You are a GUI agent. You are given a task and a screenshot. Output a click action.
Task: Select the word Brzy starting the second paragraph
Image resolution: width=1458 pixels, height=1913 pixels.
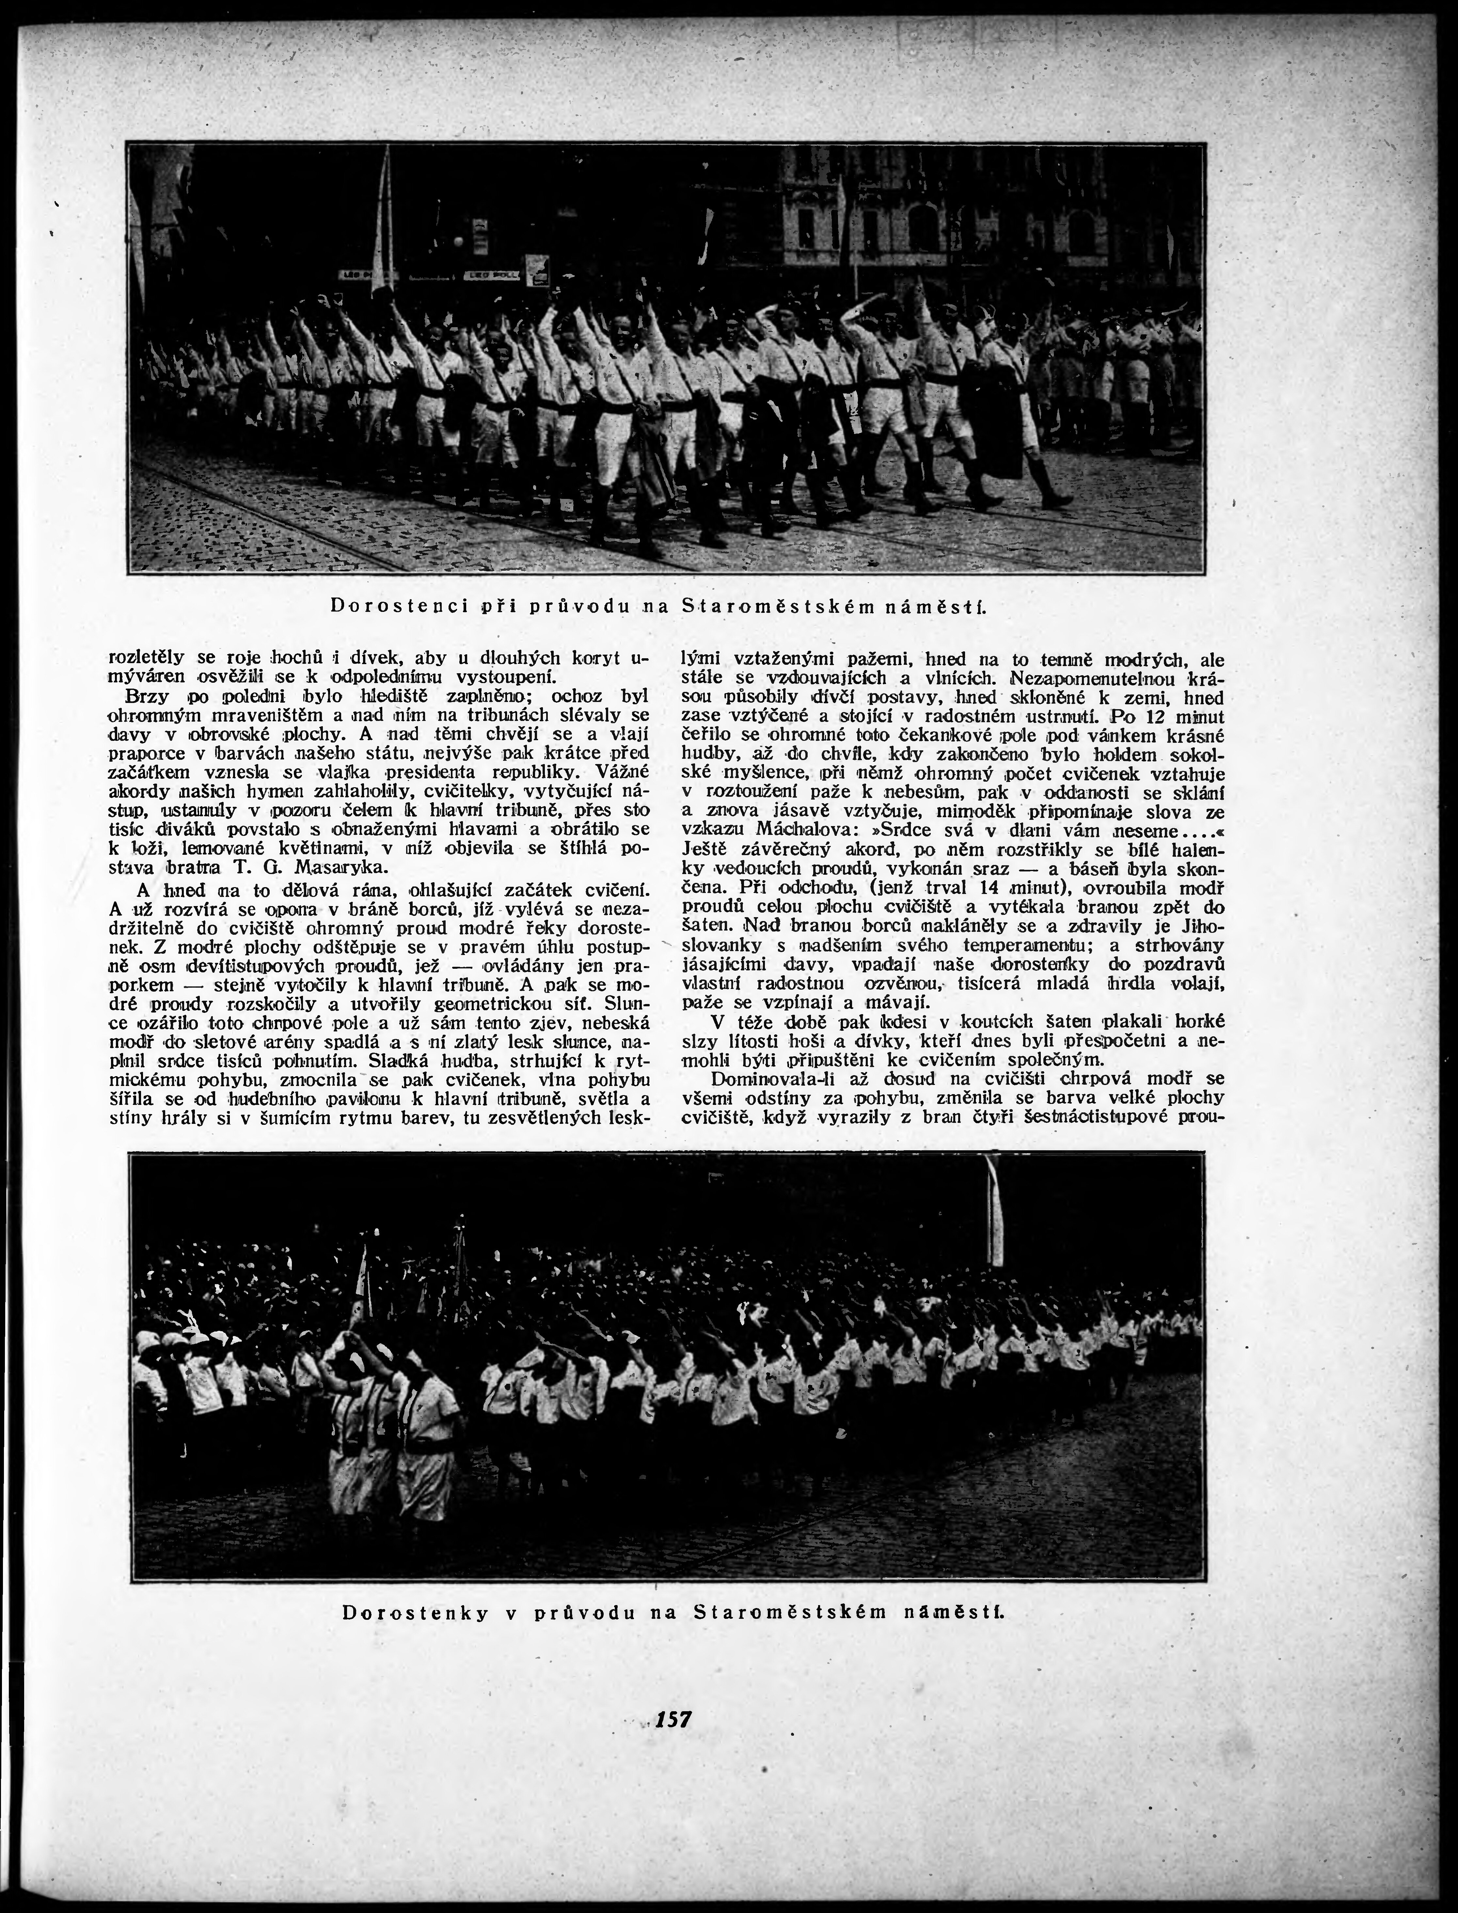coord(146,696)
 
